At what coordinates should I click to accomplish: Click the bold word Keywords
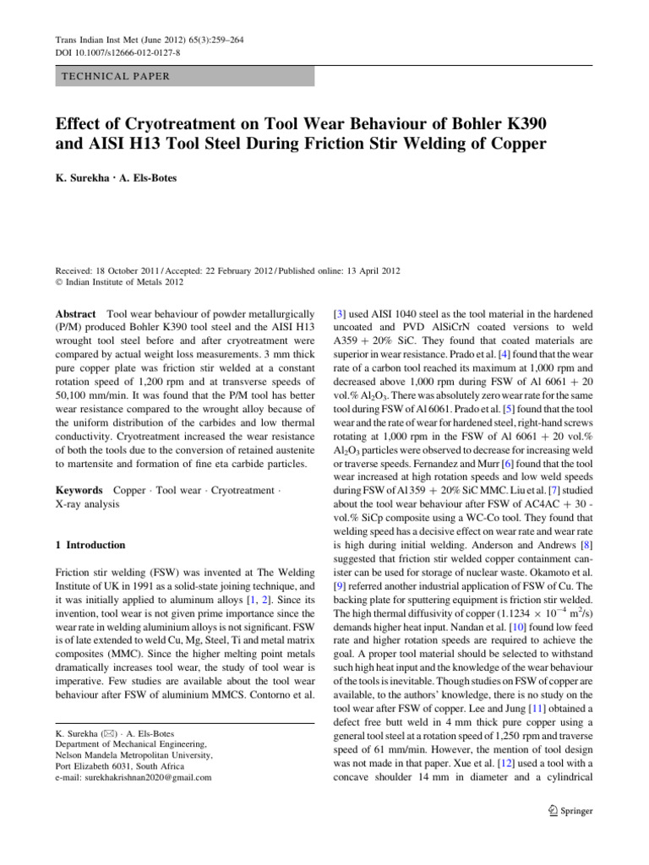click(79, 490)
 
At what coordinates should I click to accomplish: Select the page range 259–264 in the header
click(226, 41)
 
